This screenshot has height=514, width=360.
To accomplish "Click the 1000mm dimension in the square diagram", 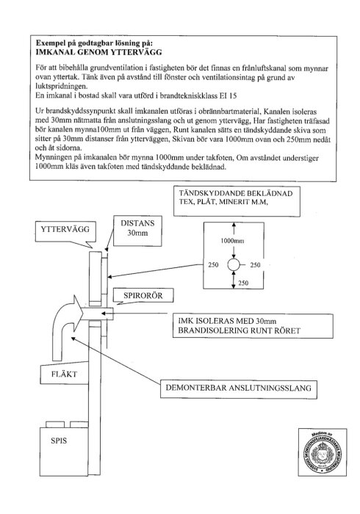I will (232, 240).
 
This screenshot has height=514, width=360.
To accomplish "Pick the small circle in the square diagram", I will (232, 264).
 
